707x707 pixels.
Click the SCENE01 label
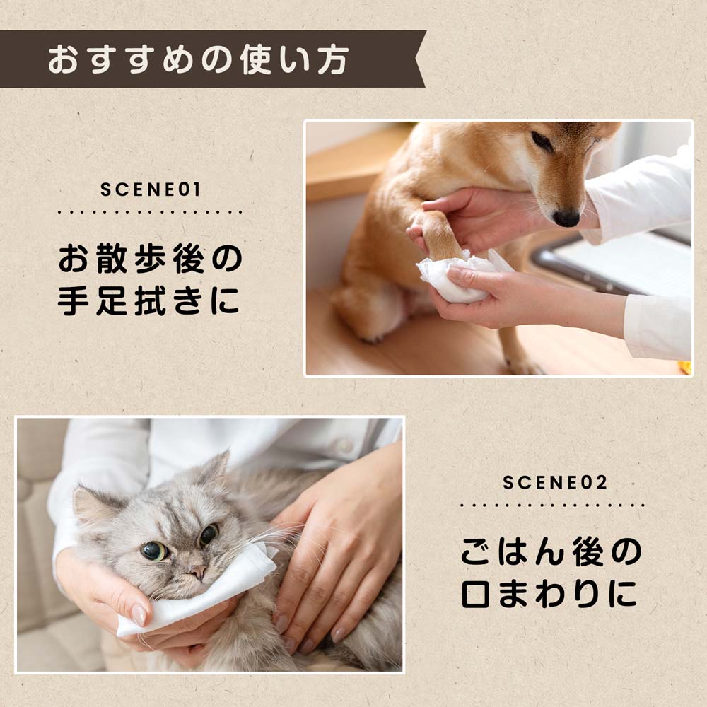(150, 189)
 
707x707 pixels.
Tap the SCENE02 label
(555, 483)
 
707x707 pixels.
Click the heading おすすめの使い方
(198, 59)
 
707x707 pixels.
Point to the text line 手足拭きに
(148, 300)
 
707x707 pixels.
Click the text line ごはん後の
(551, 551)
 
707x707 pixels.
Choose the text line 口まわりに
(549, 593)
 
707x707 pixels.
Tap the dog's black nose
(566, 218)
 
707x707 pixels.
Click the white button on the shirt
(345, 445)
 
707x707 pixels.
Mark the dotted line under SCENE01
(150, 211)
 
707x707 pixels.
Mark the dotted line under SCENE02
(552, 505)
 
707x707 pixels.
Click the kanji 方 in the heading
(333, 59)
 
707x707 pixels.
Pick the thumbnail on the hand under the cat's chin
(139, 615)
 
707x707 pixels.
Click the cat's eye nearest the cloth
(209, 534)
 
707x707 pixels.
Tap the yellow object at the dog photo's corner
(685, 367)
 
